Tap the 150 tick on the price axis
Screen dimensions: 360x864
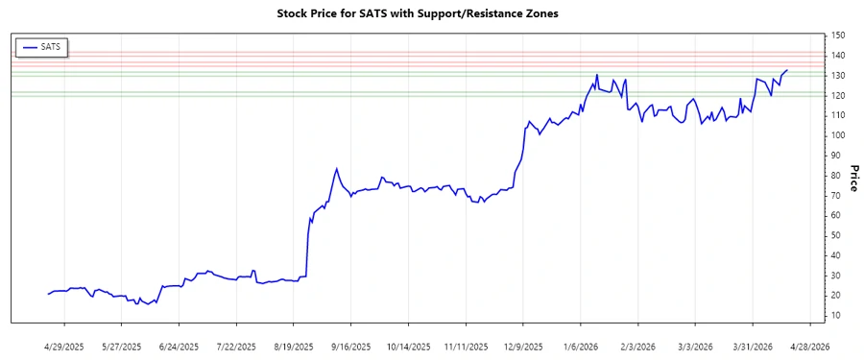pos(838,36)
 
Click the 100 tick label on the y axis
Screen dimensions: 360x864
pos(838,135)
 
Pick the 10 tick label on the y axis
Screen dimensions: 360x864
pos(835,315)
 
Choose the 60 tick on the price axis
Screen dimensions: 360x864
pos(835,215)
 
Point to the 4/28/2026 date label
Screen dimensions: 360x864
pos(807,346)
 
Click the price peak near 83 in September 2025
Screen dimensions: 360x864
pos(336,169)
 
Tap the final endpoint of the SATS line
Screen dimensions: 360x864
pos(787,70)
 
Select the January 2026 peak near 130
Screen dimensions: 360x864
pos(597,75)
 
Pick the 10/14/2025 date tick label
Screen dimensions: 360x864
pos(407,346)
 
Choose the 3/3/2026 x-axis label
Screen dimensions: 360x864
pos(694,346)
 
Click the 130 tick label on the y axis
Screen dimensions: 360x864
pos(838,75)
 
